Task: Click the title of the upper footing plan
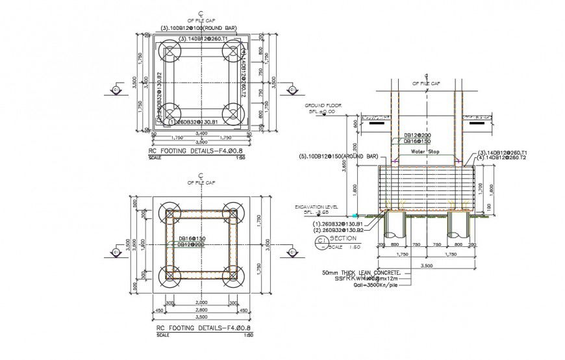point(188,150)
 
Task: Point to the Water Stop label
point(425,151)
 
